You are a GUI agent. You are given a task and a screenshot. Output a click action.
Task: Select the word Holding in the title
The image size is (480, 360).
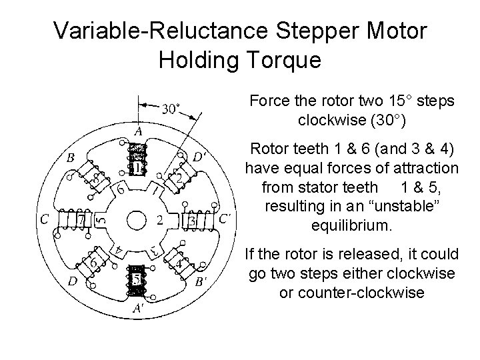tap(194, 59)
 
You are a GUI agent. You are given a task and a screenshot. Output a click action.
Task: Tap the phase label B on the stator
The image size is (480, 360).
tap(70, 159)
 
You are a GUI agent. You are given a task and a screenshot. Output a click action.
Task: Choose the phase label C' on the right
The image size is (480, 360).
tap(226, 218)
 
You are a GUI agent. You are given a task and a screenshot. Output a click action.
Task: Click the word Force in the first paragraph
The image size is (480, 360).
tap(266, 102)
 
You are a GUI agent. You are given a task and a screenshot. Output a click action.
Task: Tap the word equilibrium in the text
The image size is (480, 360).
tap(351, 225)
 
